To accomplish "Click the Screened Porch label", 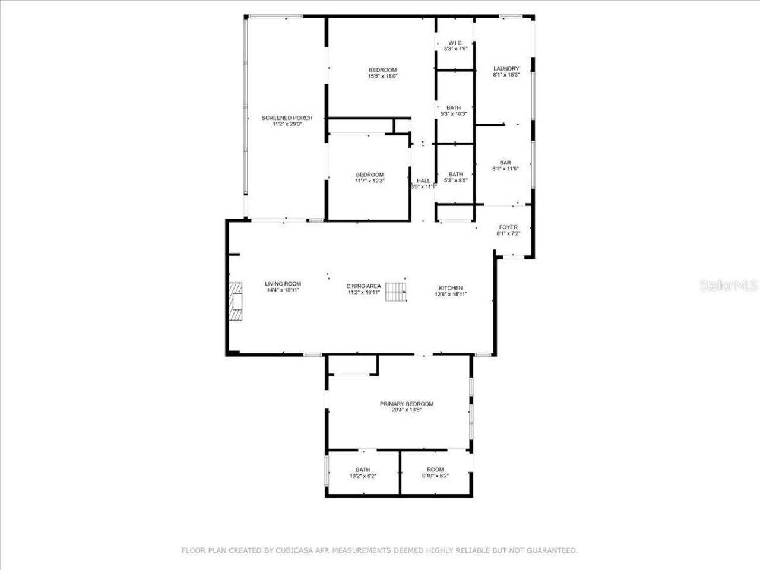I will pyautogui.click(x=287, y=118).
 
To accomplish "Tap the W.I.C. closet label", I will pyautogui.click(x=455, y=43).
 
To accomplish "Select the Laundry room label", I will pyautogui.click(x=506, y=69).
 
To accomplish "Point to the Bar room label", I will pyautogui.click(x=505, y=163).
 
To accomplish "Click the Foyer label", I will pyautogui.click(x=508, y=227).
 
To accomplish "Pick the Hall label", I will pyautogui.click(x=423, y=180).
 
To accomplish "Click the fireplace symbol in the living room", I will pyautogui.click(x=237, y=302).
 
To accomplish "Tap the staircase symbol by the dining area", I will pyautogui.click(x=395, y=292).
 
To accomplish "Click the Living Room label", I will pyautogui.click(x=283, y=284).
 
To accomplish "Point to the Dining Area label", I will pyautogui.click(x=363, y=286).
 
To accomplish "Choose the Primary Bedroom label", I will pyautogui.click(x=406, y=404).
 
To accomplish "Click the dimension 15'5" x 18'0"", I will pyautogui.click(x=382, y=76).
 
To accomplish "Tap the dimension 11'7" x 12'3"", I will pyautogui.click(x=370, y=180).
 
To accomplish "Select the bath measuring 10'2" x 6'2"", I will pyautogui.click(x=362, y=473).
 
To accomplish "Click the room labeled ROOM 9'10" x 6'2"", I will pyautogui.click(x=435, y=473).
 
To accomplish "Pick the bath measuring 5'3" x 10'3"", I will pyautogui.click(x=454, y=110).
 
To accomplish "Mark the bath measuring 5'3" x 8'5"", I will pyautogui.click(x=455, y=177).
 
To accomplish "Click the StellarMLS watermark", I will pyautogui.click(x=729, y=286).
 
